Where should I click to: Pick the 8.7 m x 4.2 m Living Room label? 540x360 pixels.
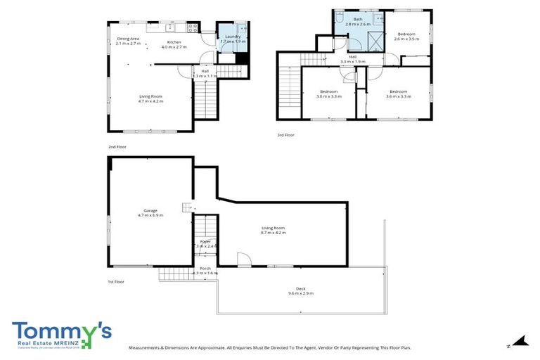tap(273, 229)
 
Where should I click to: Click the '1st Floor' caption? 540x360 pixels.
tap(116, 281)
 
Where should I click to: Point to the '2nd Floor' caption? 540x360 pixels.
tap(117, 147)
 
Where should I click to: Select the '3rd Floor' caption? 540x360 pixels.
tap(285, 134)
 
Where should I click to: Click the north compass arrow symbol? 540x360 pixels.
tap(520, 342)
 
